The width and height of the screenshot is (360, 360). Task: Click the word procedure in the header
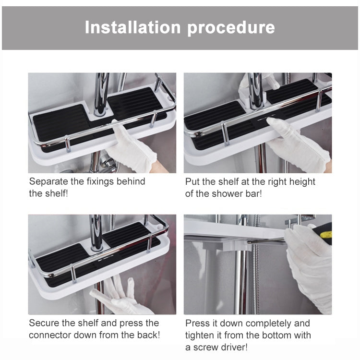(x=231, y=27)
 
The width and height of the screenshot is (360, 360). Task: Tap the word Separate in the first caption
(x=47, y=181)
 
